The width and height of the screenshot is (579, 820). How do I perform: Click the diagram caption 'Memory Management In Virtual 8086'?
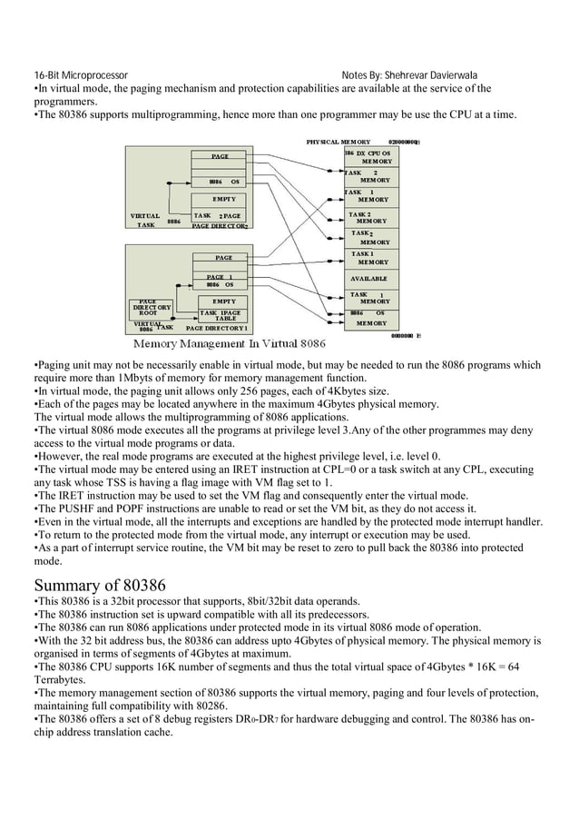pos(230,344)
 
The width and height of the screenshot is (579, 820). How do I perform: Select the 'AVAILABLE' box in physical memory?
pos(368,278)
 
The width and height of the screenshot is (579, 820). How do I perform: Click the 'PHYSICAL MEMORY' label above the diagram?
pos(338,142)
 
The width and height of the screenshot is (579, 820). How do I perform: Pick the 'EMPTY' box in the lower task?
pos(223,301)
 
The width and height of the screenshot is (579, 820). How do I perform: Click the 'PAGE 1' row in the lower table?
pos(220,276)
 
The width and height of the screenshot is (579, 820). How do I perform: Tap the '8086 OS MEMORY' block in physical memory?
pos(369,318)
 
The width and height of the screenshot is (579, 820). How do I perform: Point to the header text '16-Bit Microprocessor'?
pos(81,75)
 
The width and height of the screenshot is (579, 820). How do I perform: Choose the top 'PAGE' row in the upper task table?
pos(220,156)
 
